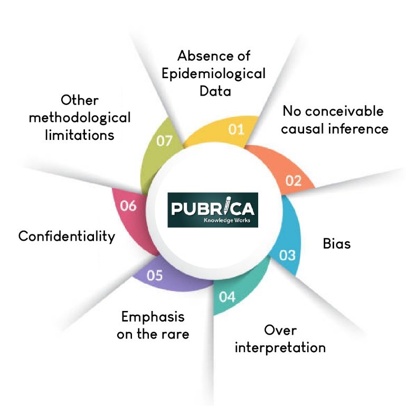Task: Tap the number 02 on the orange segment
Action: pyautogui.click(x=294, y=181)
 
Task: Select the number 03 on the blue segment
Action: pyautogui.click(x=287, y=256)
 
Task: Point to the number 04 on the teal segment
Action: pyautogui.click(x=227, y=297)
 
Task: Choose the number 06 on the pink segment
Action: pyautogui.click(x=128, y=205)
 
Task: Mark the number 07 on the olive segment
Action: pyautogui.click(x=164, y=141)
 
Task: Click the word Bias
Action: pyautogui.click(x=337, y=245)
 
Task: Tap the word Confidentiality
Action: pyautogui.click(x=67, y=236)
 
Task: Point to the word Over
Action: pyautogui.click(x=280, y=331)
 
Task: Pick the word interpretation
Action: pyautogui.click(x=280, y=348)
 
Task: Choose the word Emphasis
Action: pyautogui.click(x=153, y=317)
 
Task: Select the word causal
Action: pyautogui.click(x=306, y=128)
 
